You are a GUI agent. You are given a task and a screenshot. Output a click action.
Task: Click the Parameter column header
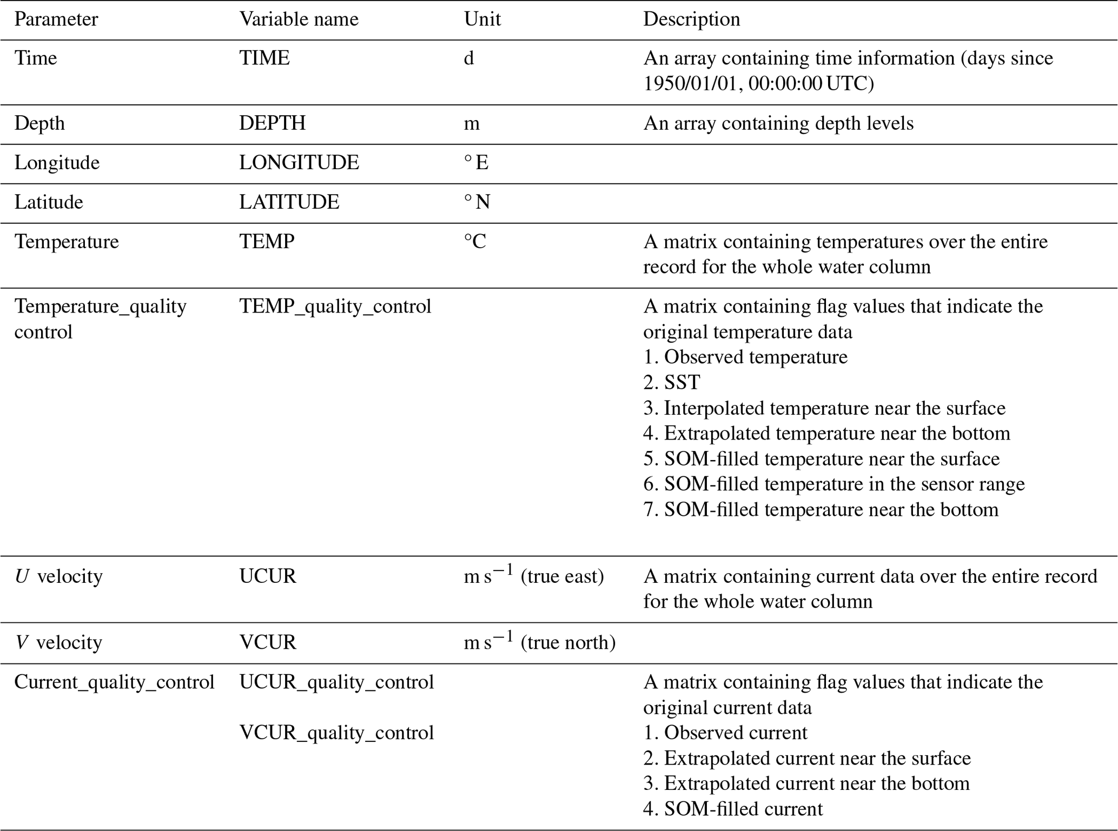click(x=56, y=19)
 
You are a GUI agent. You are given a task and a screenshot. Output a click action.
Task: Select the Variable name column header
click(x=299, y=19)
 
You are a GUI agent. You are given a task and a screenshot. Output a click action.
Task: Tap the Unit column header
click(x=482, y=19)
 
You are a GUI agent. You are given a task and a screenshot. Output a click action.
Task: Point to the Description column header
click(x=691, y=19)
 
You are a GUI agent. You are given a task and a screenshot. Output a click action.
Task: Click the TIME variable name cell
click(x=264, y=58)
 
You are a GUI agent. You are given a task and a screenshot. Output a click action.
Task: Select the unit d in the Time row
click(x=468, y=58)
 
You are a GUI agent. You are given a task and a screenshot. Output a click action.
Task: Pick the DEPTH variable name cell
click(x=272, y=123)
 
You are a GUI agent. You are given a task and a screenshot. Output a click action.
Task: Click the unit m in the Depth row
click(x=471, y=124)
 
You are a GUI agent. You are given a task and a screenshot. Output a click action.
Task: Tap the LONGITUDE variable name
click(x=299, y=163)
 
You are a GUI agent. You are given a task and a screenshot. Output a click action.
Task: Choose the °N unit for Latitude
click(x=477, y=202)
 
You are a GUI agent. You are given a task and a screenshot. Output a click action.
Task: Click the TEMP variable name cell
click(x=267, y=242)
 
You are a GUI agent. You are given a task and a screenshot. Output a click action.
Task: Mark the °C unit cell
click(x=475, y=242)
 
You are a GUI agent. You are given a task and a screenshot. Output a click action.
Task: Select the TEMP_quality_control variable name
click(x=335, y=307)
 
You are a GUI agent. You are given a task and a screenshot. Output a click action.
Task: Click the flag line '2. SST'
click(x=671, y=383)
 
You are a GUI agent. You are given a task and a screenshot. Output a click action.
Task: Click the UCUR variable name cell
click(x=268, y=576)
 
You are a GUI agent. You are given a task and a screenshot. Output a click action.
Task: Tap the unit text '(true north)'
click(x=568, y=642)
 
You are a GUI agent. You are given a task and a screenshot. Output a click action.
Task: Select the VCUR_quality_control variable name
click(x=336, y=733)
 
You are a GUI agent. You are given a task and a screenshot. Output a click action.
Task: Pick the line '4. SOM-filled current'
click(x=732, y=809)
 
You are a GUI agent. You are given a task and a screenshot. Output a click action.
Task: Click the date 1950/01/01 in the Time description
click(x=690, y=84)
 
